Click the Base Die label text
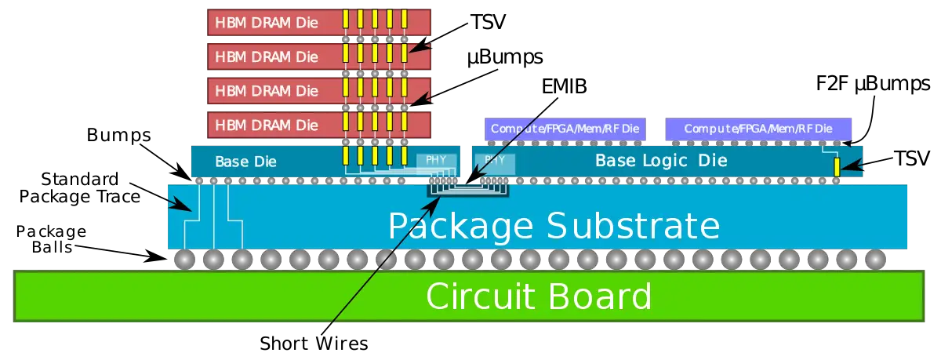point(245,162)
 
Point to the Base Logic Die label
point(661,161)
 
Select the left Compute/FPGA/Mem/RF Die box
point(565,129)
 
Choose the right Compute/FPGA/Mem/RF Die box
point(758,129)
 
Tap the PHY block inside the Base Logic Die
point(496,160)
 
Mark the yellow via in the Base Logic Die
point(837,166)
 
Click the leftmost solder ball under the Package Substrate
point(184,259)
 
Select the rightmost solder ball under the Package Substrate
point(875,259)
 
